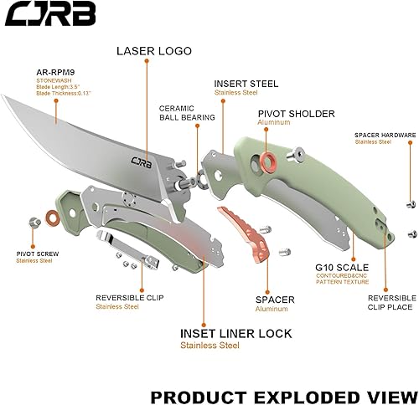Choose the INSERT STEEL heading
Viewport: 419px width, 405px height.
(245, 84)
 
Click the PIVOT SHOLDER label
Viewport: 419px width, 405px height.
(295, 113)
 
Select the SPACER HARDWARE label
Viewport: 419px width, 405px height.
(385, 135)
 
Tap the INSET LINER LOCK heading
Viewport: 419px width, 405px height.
(236, 333)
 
